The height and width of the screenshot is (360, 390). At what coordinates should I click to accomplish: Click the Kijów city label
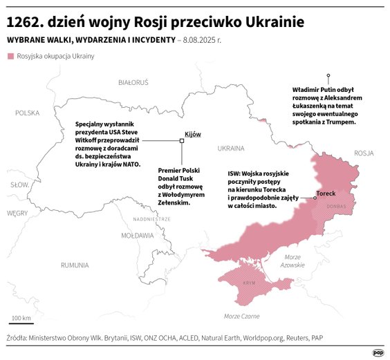click(x=193, y=134)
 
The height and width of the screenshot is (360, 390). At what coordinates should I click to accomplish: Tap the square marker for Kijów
click(x=182, y=140)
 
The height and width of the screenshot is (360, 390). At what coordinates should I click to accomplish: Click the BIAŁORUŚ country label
click(x=133, y=82)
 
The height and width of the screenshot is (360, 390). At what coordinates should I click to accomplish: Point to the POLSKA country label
click(x=28, y=113)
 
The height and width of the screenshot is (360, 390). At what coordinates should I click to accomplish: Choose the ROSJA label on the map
click(x=363, y=153)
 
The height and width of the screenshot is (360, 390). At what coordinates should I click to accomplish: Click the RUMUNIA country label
click(x=74, y=265)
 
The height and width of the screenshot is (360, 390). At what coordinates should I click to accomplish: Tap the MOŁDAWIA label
click(x=138, y=235)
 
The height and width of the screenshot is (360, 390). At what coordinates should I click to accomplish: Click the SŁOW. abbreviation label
click(x=19, y=184)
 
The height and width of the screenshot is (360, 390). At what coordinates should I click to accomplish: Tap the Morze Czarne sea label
click(x=241, y=316)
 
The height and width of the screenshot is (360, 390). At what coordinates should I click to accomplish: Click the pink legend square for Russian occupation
click(x=10, y=55)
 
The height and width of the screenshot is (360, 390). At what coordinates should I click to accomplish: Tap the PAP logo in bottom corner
click(x=378, y=352)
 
